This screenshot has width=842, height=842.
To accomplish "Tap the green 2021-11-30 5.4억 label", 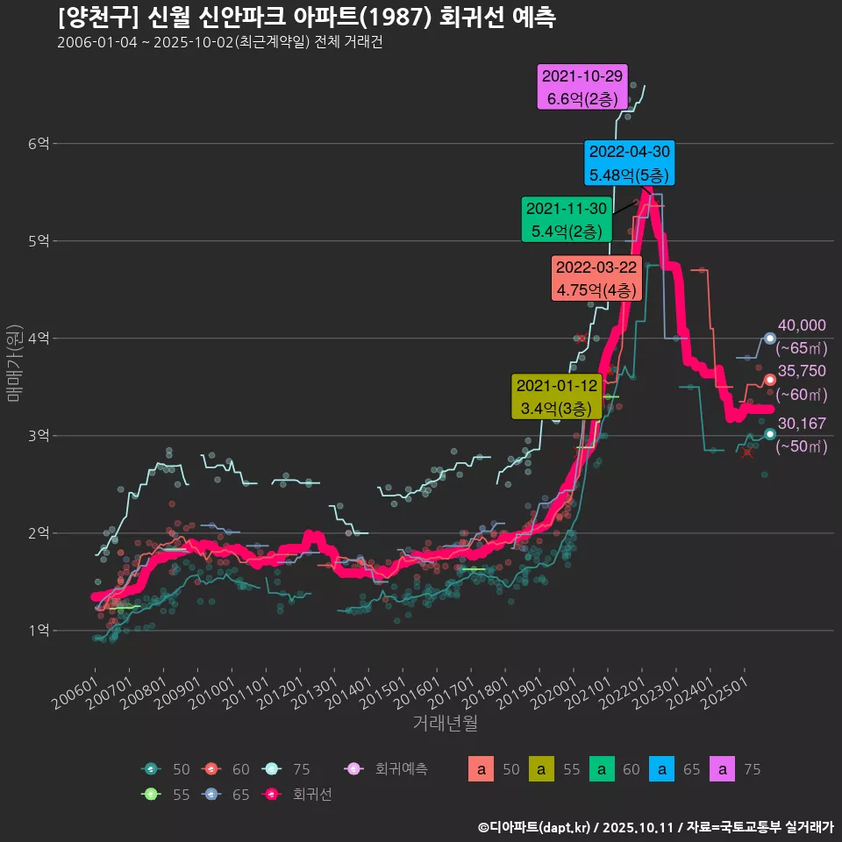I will pos(566,220).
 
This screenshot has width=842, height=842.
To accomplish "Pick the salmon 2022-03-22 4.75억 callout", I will pos(597,278).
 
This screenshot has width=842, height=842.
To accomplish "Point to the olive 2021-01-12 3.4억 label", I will pos(556,396).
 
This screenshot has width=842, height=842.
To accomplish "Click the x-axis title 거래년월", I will pos(446,724).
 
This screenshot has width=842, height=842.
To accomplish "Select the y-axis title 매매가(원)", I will pos(15,362).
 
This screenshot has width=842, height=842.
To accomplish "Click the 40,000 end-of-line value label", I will pos(802,326).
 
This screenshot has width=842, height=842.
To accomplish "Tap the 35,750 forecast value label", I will pos(802,371).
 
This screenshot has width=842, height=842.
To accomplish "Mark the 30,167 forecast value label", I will pos(802,424).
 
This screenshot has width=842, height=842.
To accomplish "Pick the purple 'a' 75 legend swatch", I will pos(722,769).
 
